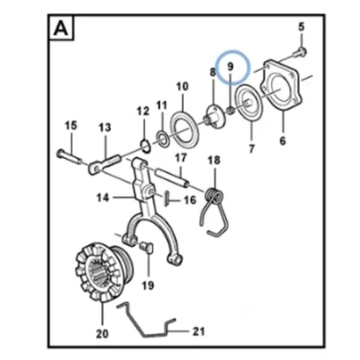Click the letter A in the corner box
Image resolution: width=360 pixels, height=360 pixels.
60,29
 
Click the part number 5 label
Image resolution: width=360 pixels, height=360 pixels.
301,26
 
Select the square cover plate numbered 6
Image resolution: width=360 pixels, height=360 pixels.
282,86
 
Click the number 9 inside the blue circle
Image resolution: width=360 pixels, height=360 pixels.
230,67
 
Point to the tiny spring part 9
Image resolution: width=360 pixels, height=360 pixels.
231,111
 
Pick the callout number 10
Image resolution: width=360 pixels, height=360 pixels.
183,86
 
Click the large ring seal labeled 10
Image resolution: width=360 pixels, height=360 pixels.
184,129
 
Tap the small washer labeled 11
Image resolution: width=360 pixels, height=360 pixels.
163,138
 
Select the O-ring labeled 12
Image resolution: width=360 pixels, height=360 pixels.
145,146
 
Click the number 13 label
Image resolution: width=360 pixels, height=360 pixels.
104,128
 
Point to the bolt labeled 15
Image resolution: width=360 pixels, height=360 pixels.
68,157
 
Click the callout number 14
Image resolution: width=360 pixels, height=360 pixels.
103,198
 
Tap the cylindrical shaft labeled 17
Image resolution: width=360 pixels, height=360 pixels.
172,177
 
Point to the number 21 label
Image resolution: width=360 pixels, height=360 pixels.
198,331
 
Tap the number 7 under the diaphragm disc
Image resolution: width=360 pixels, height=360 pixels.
251,148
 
